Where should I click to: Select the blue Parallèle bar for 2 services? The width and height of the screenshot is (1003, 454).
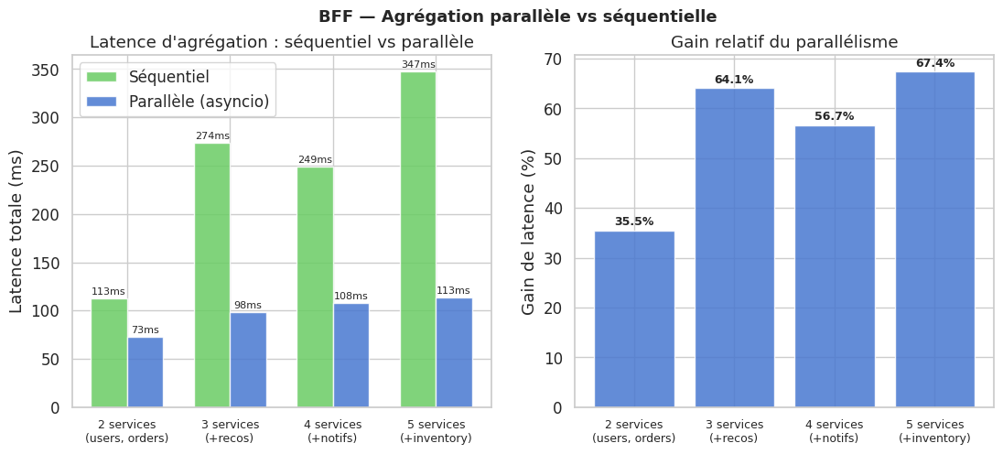(x=146, y=373)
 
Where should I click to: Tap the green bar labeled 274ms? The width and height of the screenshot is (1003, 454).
(x=212, y=275)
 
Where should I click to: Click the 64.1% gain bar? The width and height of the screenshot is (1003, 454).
(x=734, y=247)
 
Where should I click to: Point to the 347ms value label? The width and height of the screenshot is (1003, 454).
(x=418, y=64)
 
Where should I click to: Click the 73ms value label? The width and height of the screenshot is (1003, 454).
(x=146, y=330)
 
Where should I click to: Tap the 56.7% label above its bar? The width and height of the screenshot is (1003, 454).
(x=834, y=116)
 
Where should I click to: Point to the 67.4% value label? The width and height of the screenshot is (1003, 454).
(x=934, y=63)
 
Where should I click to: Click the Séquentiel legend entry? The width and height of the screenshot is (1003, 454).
(x=169, y=77)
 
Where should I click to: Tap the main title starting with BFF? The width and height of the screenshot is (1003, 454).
(x=517, y=16)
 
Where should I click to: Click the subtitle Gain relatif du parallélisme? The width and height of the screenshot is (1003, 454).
(x=783, y=42)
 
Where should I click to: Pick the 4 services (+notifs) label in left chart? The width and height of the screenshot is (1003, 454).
(x=332, y=431)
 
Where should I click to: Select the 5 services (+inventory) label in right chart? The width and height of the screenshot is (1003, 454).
(x=934, y=431)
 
